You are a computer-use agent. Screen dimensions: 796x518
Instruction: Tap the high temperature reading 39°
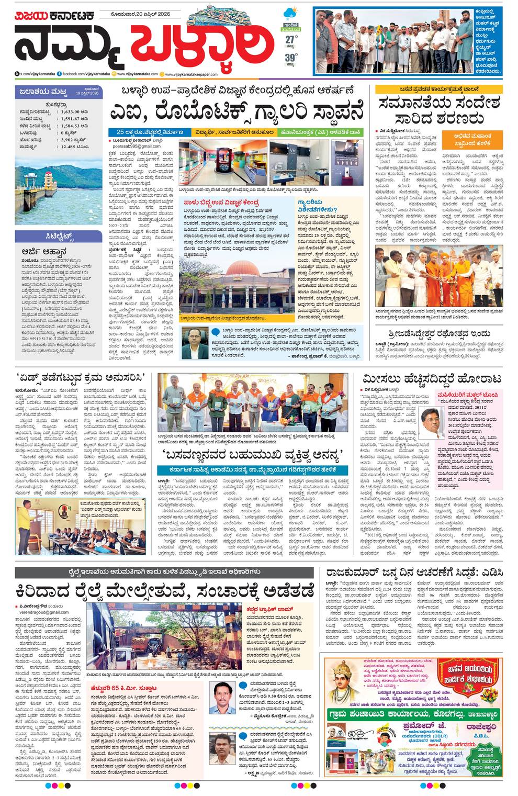pyautogui.click(x=291, y=59)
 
